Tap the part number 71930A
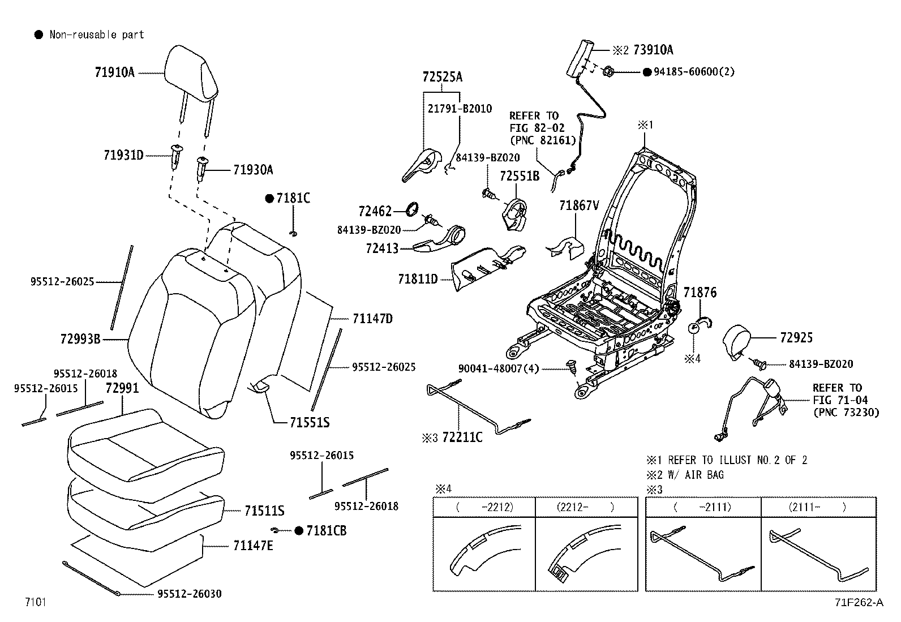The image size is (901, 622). click(253, 170)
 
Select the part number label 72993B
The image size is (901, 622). click(80, 339)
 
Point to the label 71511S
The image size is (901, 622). click(264, 511)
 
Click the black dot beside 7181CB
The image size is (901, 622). click(299, 530)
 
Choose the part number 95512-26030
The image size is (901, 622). click(190, 594)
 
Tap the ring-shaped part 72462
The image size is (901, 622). click(413, 209)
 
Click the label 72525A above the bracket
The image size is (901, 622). click(442, 77)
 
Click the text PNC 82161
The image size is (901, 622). click(542, 140)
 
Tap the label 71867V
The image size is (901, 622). click(578, 205)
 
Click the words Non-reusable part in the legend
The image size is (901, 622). click(97, 35)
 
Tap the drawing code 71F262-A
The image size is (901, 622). click(857, 602)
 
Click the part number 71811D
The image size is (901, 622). click(418, 279)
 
